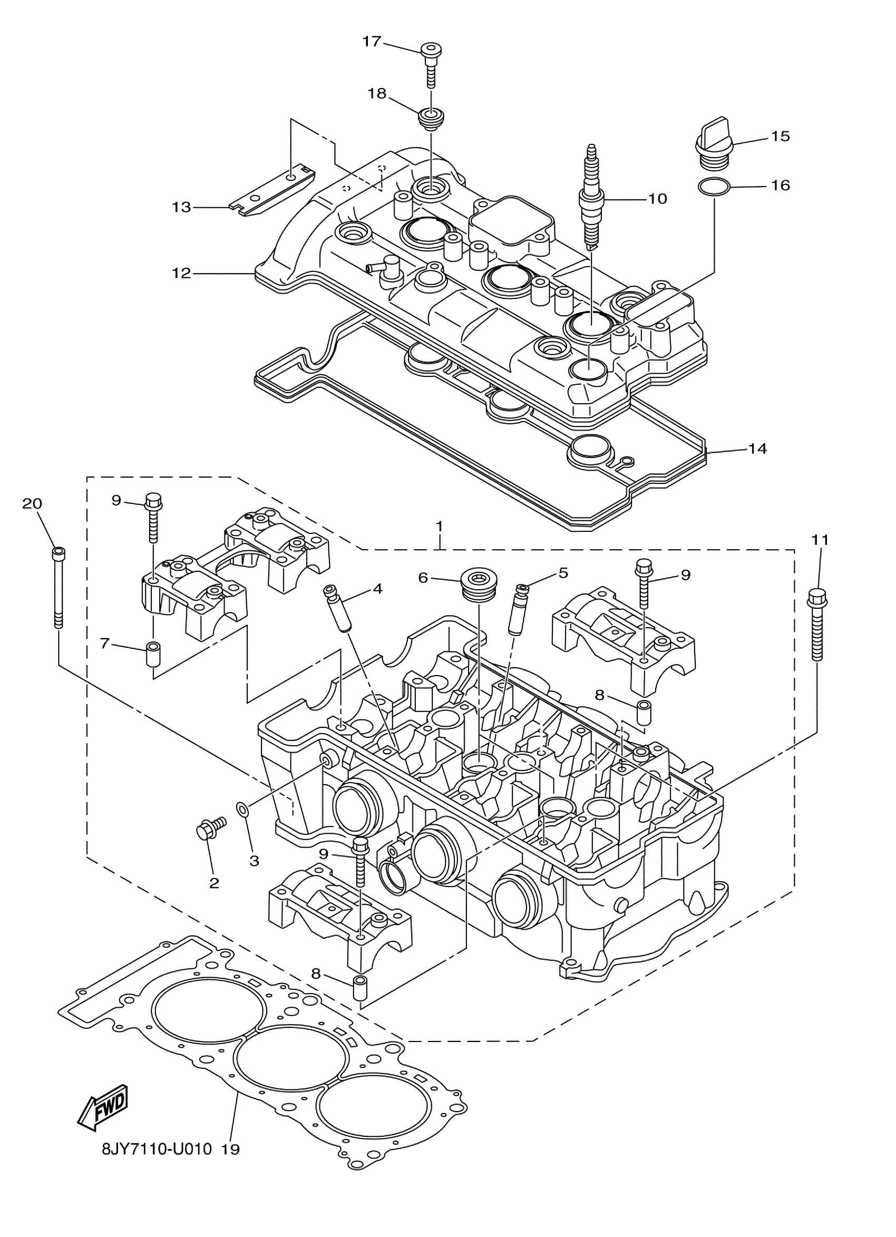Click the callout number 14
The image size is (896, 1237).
[757, 449]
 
